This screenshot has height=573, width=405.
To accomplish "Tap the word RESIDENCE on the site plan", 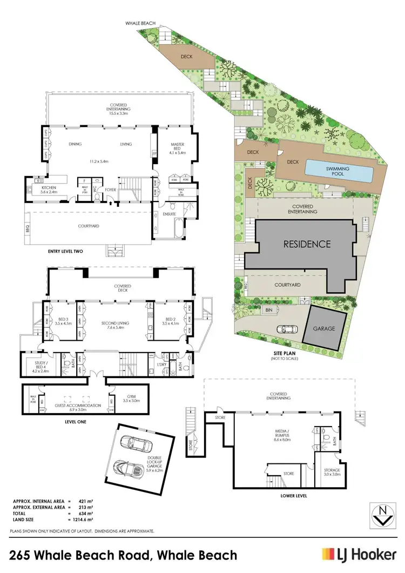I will tap(307, 244).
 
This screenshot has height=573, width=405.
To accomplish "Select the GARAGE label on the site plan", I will tap(323, 328).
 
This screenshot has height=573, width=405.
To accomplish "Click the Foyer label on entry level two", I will tap(111, 190).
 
